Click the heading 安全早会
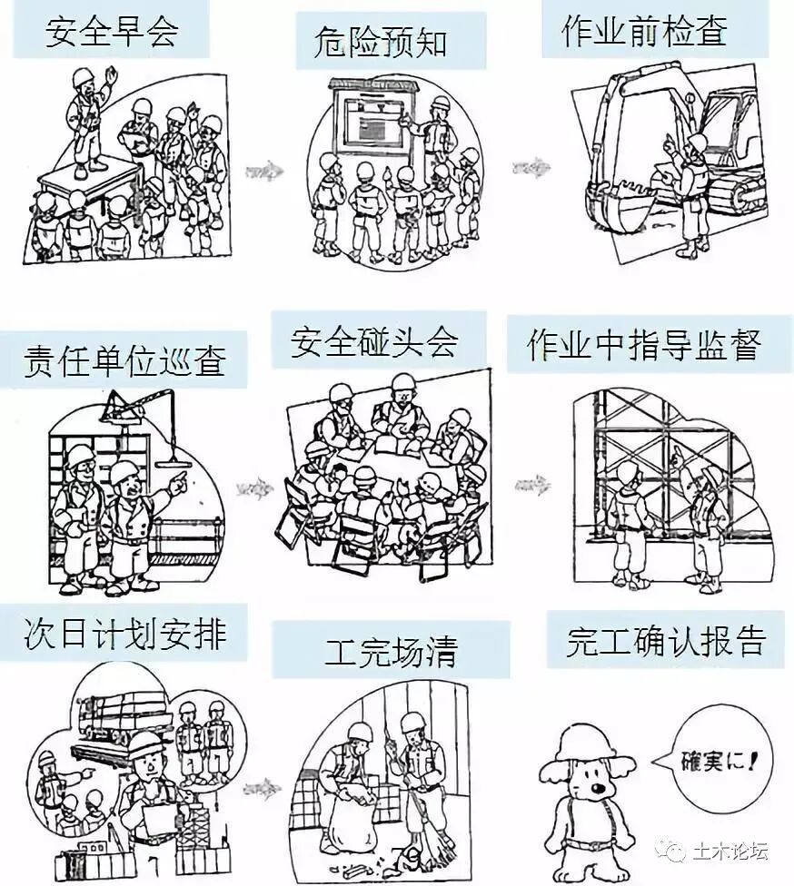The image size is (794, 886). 112,33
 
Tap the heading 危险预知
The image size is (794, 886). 381,43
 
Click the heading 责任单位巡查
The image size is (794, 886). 124,361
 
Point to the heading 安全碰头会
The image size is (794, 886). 374,342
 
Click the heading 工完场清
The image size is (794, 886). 391,650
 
